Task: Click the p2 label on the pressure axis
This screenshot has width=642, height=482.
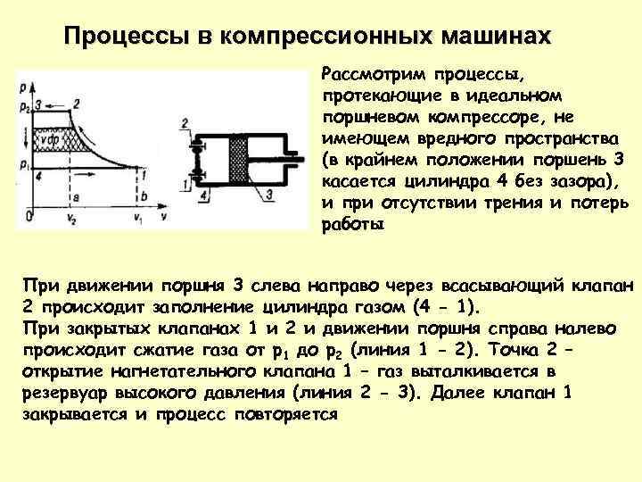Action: click(21, 106)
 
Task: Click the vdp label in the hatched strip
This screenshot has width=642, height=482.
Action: click(47, 138)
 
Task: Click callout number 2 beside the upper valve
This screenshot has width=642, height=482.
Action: click(184, 121)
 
